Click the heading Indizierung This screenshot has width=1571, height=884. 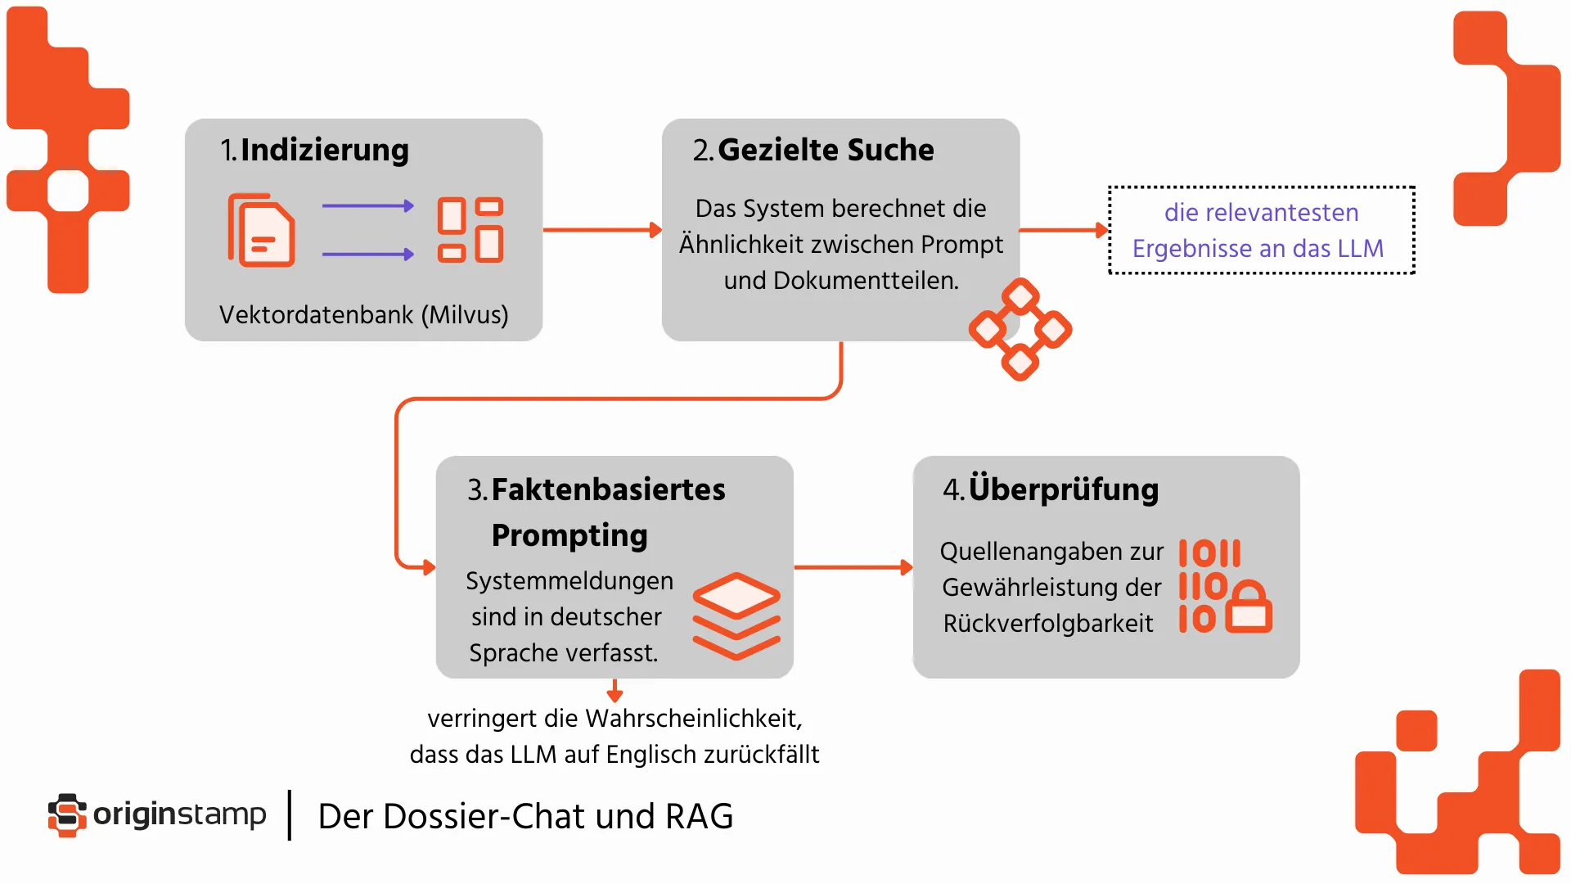(x=324, y=151)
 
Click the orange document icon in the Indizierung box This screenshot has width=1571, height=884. (x=261, y=231)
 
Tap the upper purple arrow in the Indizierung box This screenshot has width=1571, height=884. (x=367, y=206)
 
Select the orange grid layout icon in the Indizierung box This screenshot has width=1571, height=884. (x=470, y=230)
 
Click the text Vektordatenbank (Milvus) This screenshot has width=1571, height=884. (x=363, y=315)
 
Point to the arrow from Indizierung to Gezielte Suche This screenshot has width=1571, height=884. (x=601, y=230)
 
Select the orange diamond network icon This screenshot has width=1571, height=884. (x=1020, y=329)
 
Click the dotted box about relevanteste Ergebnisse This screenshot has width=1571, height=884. (x=1261, y=230)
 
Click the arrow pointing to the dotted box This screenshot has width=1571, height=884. (x=1063, y=230)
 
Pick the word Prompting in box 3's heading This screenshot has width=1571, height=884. (x=569, y=535)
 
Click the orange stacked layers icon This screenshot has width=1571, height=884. (x=736, y=616)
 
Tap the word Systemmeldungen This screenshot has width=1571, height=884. (x=569, y=581)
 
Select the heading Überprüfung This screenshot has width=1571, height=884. (x=1063, y=489)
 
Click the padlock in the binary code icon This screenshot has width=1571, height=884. (x=1249, y=607)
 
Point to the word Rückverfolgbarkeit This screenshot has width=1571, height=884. (x=1047, y=624)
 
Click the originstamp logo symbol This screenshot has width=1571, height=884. (x=67, y=815)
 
